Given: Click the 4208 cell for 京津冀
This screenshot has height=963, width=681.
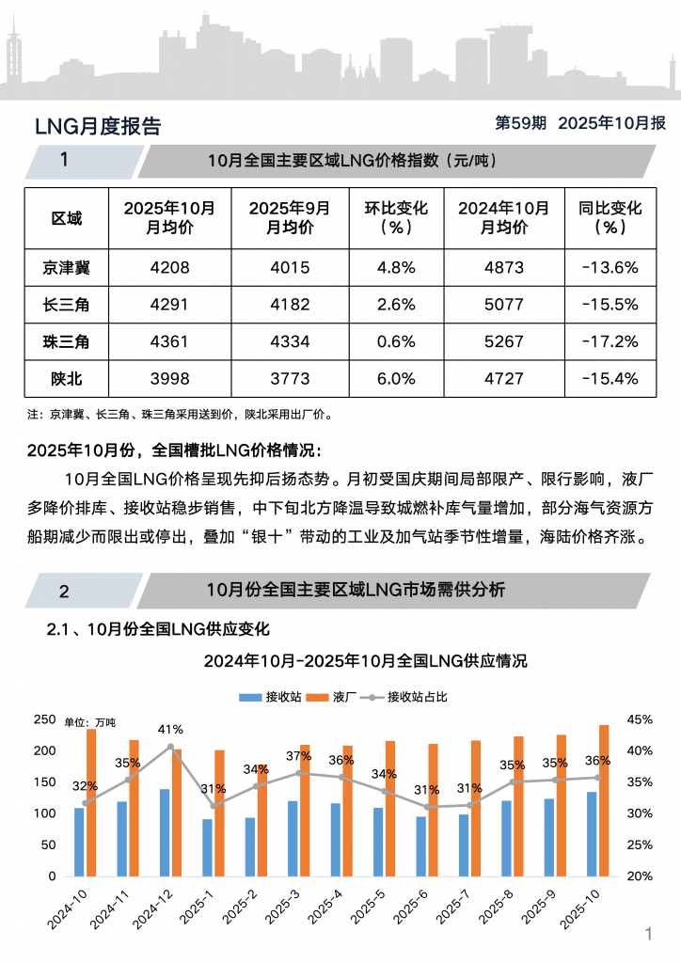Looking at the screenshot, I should point(169,268).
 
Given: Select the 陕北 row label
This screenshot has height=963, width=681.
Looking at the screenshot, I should point(66,378).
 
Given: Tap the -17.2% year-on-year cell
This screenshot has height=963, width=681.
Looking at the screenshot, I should point(610,341).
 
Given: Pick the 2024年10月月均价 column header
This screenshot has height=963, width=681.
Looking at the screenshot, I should point(503,218).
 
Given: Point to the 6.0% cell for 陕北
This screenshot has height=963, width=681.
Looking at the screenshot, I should point(396,378).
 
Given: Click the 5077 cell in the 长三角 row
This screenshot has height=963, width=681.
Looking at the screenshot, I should point(503,305).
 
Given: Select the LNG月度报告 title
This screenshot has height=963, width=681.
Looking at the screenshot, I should point(98,127).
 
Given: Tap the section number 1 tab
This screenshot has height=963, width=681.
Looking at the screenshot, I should point(64,161).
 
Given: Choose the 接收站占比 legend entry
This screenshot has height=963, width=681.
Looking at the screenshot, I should point(408,697).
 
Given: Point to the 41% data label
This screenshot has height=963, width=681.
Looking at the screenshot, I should point(170,729).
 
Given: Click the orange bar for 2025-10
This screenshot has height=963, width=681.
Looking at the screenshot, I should point(604,799).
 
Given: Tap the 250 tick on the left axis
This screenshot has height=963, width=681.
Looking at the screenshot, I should point(44,719).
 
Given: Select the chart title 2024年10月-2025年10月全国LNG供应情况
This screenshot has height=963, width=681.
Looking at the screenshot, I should point(366,661).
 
